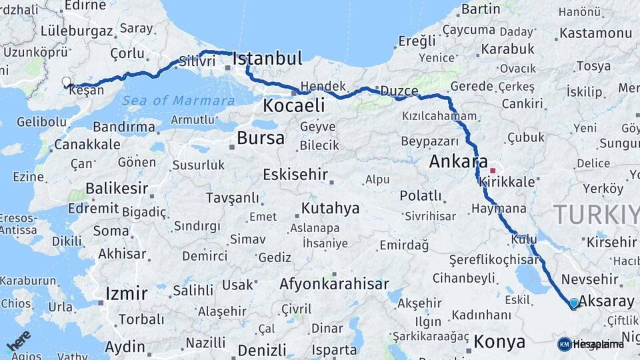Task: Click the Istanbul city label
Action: click(267, 59)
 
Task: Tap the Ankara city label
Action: click(458, 161)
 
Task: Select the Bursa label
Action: click(261, 139)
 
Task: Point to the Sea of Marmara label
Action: click(179, 101)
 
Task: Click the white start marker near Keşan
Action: click(66, 82)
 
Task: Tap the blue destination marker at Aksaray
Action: click(574, 303)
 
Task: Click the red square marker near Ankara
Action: click(493, 170)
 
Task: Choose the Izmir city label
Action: click(127, 293)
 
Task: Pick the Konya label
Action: click(499, 342)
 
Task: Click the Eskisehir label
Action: click(295, 175)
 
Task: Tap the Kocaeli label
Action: click(293, 105)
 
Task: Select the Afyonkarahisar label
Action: click(334, 284)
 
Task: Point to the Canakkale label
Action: click(87, 144)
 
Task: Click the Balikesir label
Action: click(117, 189)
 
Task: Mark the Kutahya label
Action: click(330, 208)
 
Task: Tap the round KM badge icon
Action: click(564, 344)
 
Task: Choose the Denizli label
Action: click(262, 350)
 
